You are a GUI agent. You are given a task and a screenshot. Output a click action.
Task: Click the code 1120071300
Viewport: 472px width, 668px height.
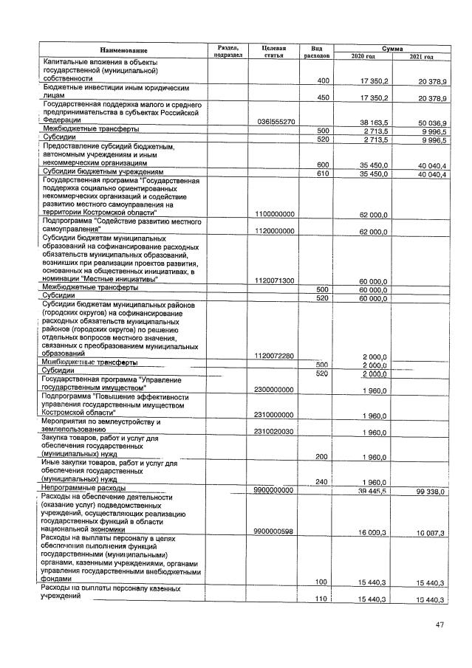pyautogui.click(x=276, y=280)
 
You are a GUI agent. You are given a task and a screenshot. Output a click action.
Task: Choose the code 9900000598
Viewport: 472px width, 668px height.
pyautogui.click(x=276, y=530)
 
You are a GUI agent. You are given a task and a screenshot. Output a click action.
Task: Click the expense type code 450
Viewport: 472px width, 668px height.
pyautogui.click(x=322, y=97)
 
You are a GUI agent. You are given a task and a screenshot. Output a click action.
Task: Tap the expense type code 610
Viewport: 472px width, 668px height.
pyautogui.click(x=322, y=174)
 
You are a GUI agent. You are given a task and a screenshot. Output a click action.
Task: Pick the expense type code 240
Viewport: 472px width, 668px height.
pyautogui.click(x=322, y=481)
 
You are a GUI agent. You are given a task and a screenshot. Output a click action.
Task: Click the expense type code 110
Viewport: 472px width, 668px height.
pyautogui.click(x=322, y=599)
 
